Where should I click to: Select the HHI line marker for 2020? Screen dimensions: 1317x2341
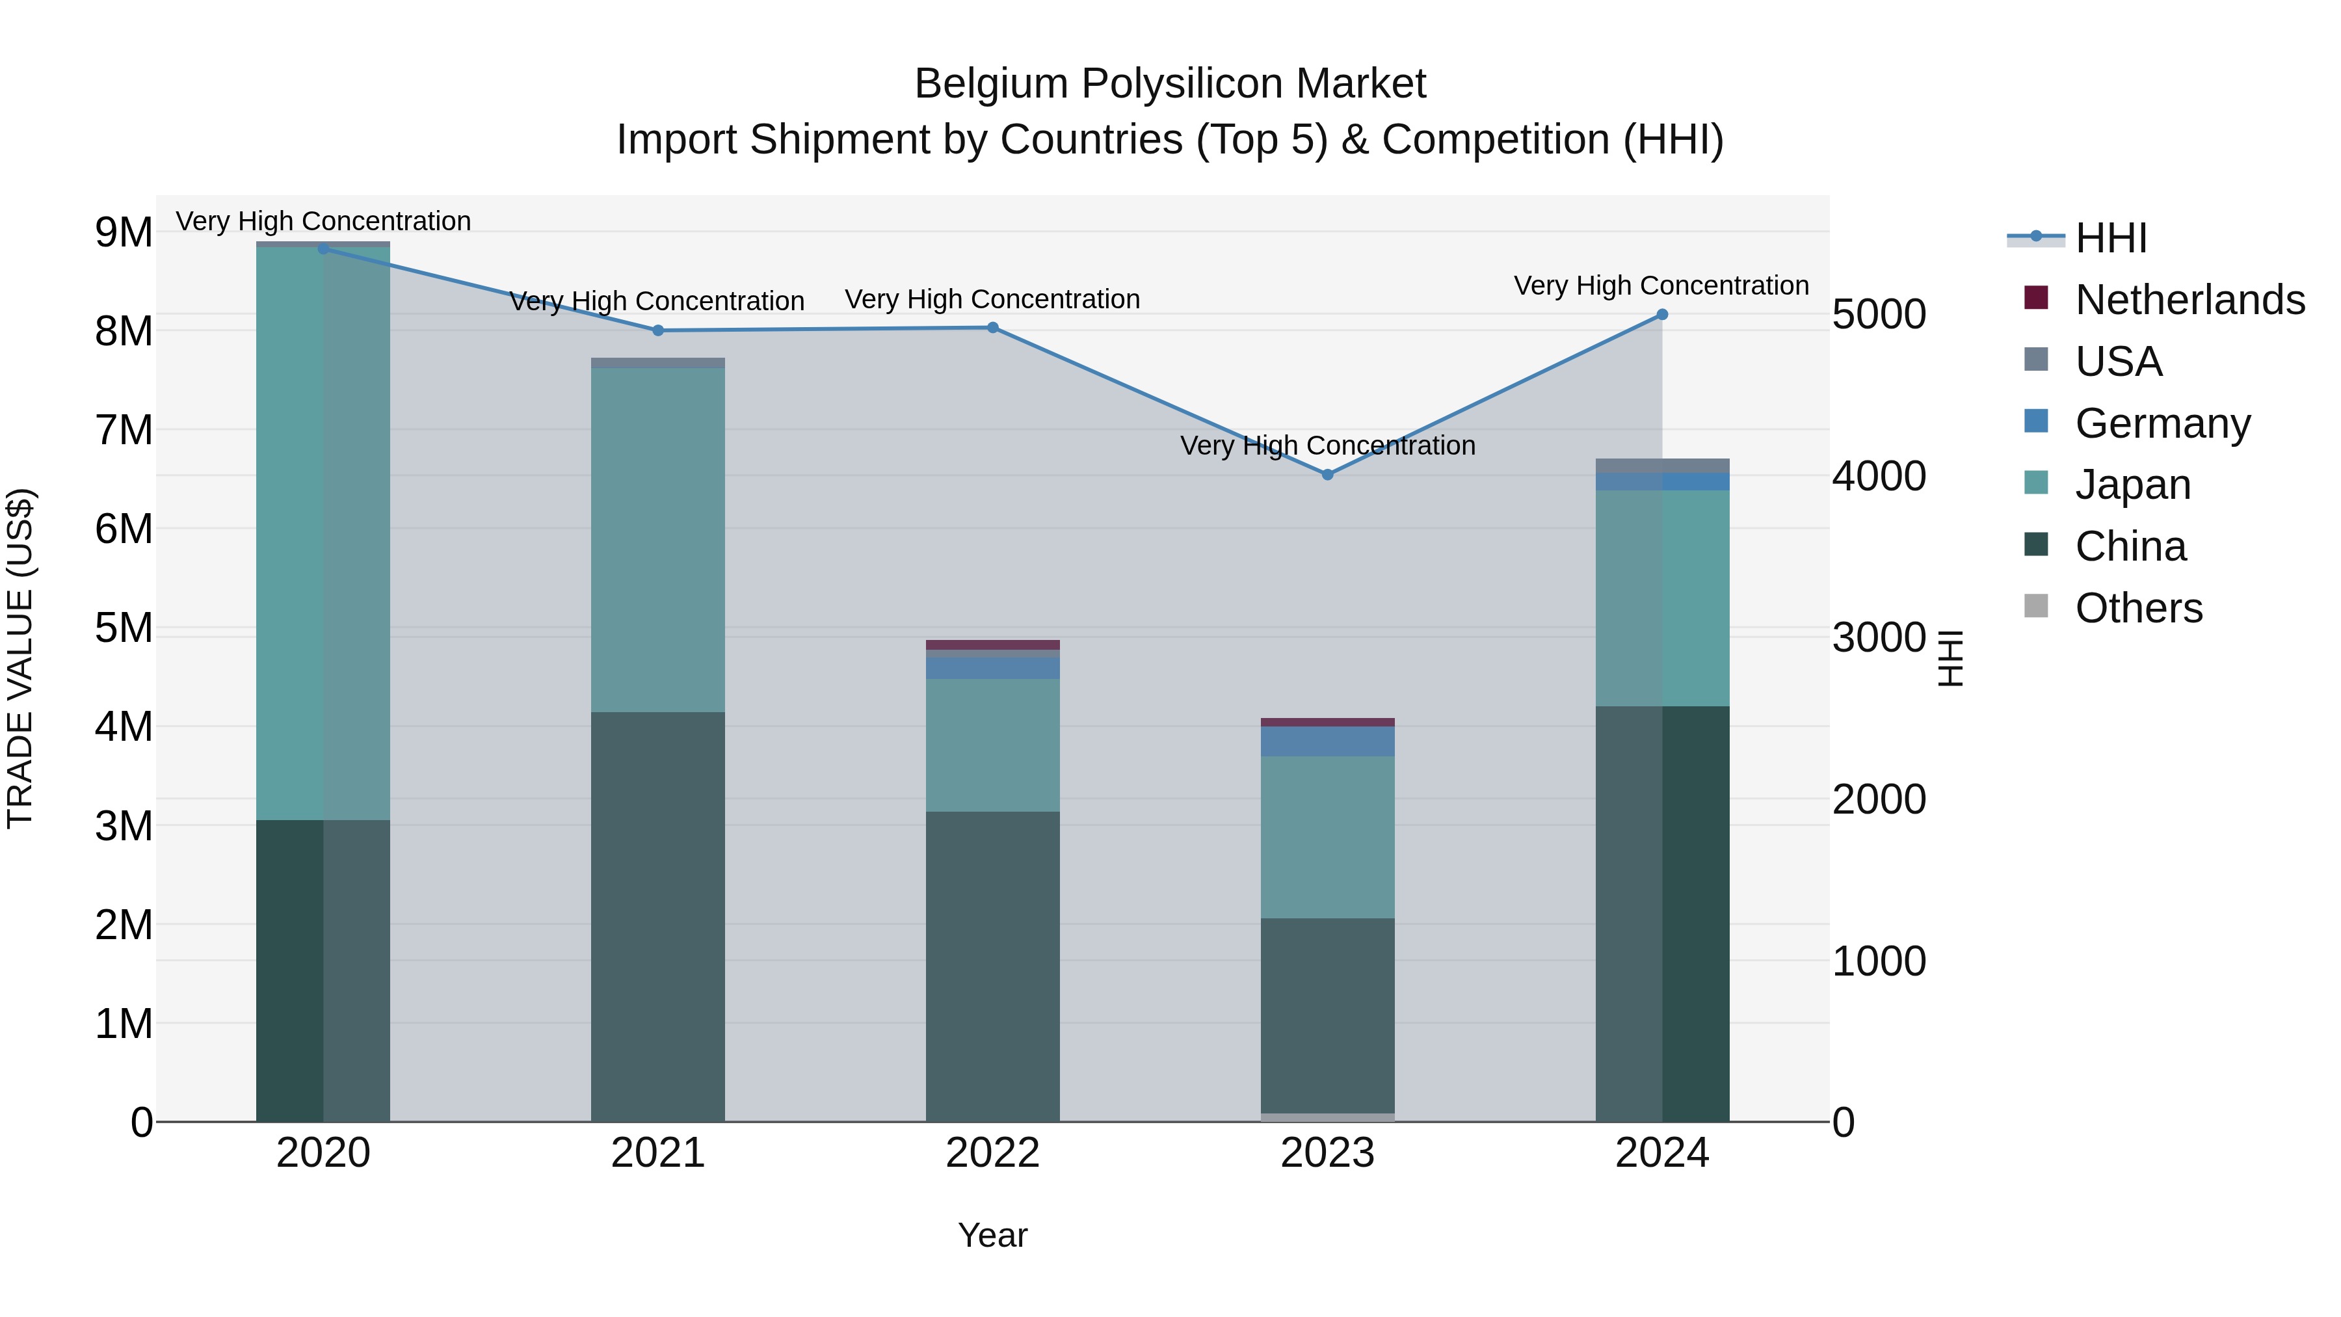tap(324, 249)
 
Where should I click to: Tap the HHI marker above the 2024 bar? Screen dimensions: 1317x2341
tap(1662, 315)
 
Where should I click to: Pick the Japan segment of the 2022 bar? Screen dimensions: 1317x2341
tap(992, 745)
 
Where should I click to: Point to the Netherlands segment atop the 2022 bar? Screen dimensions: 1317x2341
tap(992, 645)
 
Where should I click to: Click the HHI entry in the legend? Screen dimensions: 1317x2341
tap(2110, 238)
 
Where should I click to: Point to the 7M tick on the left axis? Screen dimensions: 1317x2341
tap(124, 430)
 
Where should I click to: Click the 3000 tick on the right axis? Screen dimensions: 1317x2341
tap(1879, 637)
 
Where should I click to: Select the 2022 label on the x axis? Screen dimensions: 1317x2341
tap(992, 1153)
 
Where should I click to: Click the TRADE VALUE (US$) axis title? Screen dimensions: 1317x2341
tap(20, 658)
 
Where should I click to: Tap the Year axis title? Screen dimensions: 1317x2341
tap(992, 1235)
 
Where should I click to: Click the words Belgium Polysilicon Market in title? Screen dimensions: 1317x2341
tap(1170, 84)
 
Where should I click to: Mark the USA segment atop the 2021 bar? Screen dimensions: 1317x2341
tap(658, 363)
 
